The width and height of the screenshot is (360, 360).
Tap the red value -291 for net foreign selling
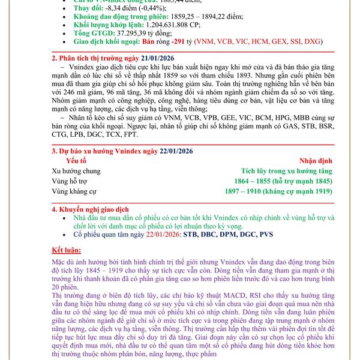(x=179, y=43)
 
